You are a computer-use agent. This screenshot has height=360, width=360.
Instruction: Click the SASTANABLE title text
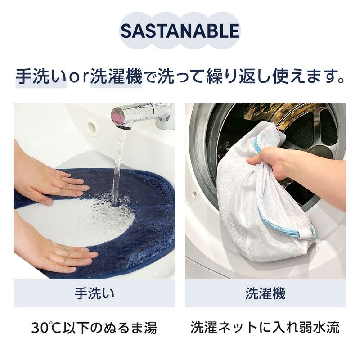coord(180,31)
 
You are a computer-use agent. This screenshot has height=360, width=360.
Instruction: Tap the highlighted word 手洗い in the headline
coord(41,76)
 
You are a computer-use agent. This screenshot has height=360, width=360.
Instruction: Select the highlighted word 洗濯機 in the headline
coord(117,76)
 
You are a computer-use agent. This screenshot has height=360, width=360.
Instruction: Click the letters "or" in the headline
coord(79,77)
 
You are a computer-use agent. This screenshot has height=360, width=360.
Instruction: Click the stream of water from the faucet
coord(118,162)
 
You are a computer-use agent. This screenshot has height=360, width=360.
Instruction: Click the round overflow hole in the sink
coord(92,127)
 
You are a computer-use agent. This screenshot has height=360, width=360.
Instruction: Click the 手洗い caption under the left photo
coord(94,293)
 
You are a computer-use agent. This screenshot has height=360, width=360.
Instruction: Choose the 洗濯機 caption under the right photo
coord(265,293)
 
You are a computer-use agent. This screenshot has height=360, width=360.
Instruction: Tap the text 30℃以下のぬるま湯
coord(94,327)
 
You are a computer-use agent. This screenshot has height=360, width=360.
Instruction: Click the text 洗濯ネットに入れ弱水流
coord(265,327)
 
